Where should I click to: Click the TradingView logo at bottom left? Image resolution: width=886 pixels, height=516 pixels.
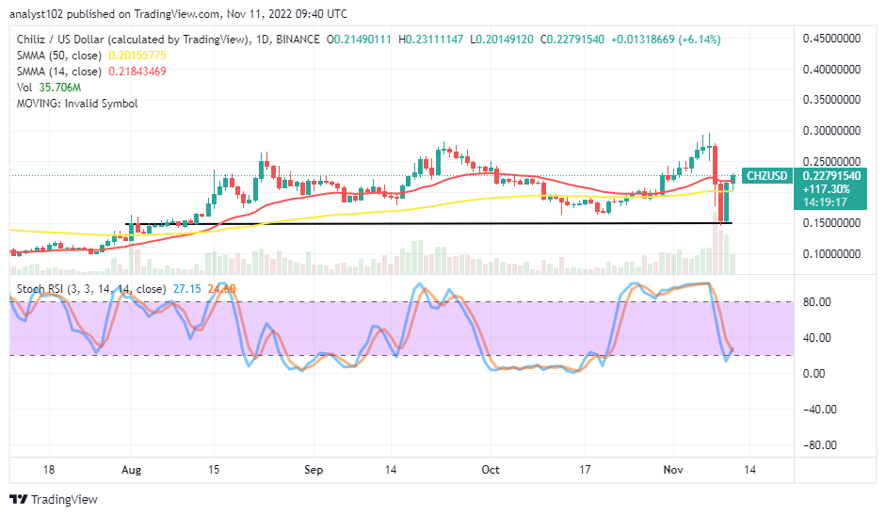click(x=54, y=499)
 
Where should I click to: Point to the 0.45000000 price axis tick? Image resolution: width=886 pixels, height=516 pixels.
click(x=832, y=39)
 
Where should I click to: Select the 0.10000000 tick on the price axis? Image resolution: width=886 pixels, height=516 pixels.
click(x=832, y=254)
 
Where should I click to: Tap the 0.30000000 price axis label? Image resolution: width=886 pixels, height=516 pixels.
click(x=832, y=131)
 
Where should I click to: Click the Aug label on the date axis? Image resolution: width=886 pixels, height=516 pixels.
click(x=131, y=469)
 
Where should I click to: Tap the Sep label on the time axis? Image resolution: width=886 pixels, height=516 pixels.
click(x=314, y=469)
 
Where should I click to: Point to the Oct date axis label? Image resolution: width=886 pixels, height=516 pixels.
click(x=489, y=469)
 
